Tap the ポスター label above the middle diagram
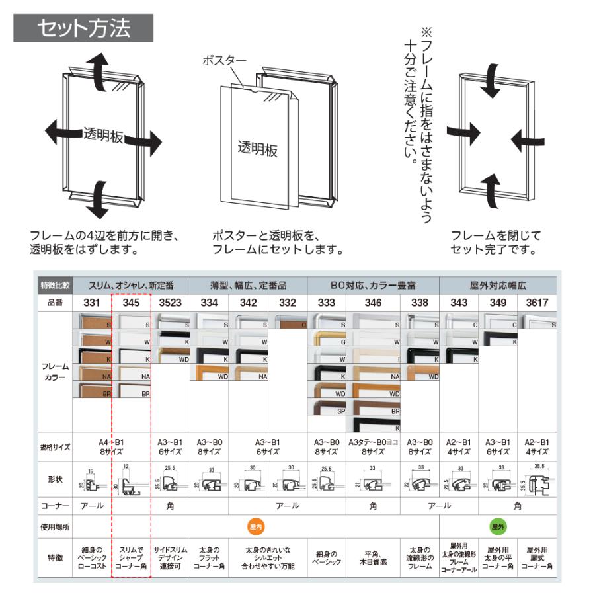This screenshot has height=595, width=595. pyautogui.click(x=225, y=61)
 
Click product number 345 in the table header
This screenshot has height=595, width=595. pyautogui.click(x=131, y=303)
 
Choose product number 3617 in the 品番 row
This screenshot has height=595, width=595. pyautogui.click(x=537, y=303)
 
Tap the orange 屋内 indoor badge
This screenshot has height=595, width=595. pyautogui.click(x=256, y=526)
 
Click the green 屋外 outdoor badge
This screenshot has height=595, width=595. pyautogui.click(x=497, y=526)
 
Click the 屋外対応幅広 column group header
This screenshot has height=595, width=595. pyautogui.click(x=498, y=285)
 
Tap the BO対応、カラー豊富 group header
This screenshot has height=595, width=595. pyautogui.click(x=373, y=285)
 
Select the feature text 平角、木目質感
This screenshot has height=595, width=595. pyautogui.click(x=372, y=557)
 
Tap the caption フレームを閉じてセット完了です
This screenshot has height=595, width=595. pyautogui.click(x=495, y=242)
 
